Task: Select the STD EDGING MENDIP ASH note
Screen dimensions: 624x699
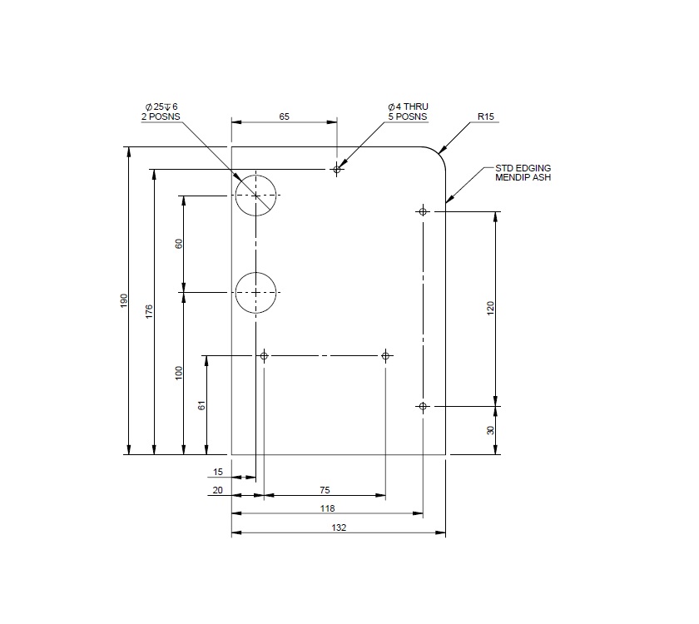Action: pos(523,172)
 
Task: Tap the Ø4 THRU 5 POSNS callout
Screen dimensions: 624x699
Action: pos(407,112)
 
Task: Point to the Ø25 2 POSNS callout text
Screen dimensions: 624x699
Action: pos(161,112)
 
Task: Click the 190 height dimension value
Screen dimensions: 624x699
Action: pos(124,300)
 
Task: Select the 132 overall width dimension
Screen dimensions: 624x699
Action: pos(338,527)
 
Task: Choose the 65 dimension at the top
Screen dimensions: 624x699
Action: pos(284,117)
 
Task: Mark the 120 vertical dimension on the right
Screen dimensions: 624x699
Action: pos(491,309)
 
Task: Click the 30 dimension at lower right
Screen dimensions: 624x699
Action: pos(491,430)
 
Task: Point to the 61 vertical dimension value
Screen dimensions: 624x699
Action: pos(201,405)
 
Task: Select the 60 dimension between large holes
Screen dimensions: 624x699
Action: pos(178,245)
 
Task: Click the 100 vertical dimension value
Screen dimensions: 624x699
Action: pos(178,374)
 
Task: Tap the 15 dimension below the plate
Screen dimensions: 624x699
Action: pos(218,472)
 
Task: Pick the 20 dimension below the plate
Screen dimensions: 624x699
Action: pos(218,491)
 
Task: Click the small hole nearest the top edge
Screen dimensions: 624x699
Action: pos(337,170)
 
